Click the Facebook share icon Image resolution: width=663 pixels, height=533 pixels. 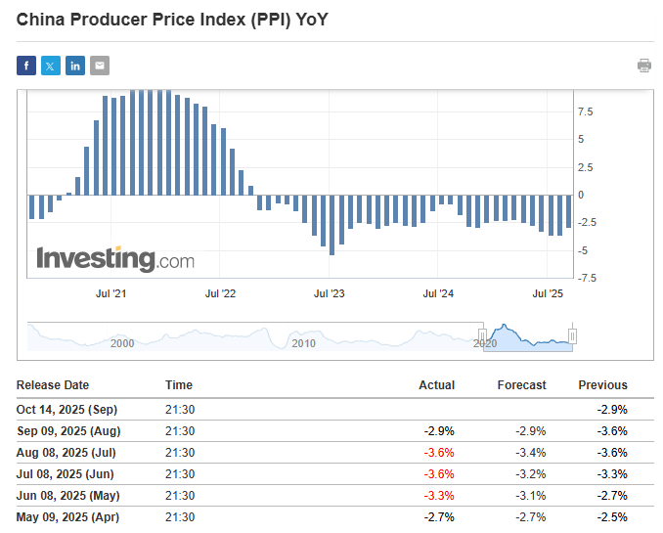[26, 66]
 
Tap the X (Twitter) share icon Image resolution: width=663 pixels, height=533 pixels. [51, 66]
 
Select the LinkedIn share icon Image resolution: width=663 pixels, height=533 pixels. [75, 66]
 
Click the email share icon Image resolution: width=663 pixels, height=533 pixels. [100, 66]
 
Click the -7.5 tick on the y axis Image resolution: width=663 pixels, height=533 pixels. [587, 278]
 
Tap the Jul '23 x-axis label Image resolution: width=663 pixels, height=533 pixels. [330, 293]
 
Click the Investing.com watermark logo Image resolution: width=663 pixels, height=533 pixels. [115, 259]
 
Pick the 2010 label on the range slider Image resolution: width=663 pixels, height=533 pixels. [303, 343]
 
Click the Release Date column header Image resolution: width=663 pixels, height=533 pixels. [53, 385]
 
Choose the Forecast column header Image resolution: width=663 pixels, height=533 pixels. [521, 385]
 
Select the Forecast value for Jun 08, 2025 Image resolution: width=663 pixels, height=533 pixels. [529, 496]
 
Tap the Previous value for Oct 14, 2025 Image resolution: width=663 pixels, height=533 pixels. [611, 409]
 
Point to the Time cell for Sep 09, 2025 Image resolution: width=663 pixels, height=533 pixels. [180, 430]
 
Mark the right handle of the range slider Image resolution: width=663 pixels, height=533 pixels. [573, 335]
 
